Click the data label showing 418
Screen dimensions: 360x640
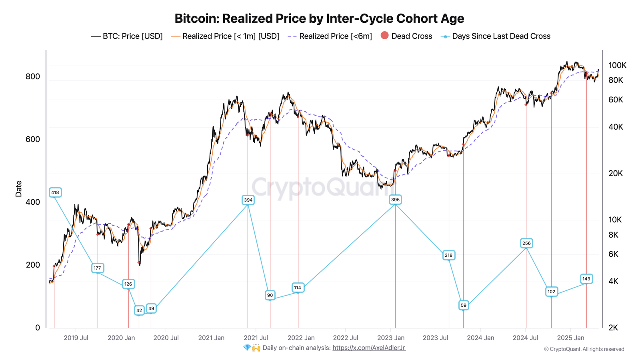pyautogui.click(x=55, y=192)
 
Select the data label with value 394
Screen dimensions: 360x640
pyautogui.click(x=248, y=200)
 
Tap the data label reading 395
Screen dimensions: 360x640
pyautogui.click(x=395, y=200)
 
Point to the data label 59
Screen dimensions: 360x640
pyautogui.click(x=463, y=305)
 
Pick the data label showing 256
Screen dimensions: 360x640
pyautogui.click(x=526, y=243)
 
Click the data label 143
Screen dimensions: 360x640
pyautogui.click(x=586, y=279)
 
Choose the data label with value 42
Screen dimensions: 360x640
pyautogui.click(x=139, y=310)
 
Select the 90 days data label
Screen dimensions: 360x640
pyautogui.click(x=270, y=295)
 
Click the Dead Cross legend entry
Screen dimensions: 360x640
pyautogui.click(x=406, y=36)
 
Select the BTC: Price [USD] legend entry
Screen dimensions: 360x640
pyautogui.click(x=127, y=36)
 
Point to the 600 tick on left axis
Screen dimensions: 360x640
pyautogui.click(x=33, y=139)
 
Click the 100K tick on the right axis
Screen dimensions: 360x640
pyautogui.click(x=617, y=65)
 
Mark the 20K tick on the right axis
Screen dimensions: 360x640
pyautogui.click(x=616, y=173)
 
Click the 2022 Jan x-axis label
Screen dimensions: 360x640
pyautogui.click(x=301, y=338)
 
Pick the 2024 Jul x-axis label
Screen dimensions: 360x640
pyautogui.click(x=525, y=338)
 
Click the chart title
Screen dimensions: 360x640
pyautogui.click(x=319, y=18)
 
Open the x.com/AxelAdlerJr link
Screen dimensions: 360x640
pyautogui.click(x=369, y=348)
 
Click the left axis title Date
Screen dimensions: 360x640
pyautogui.click(x=18, y=189)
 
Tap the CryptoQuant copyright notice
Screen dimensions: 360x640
pyautogui.click(x=584, y=349)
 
